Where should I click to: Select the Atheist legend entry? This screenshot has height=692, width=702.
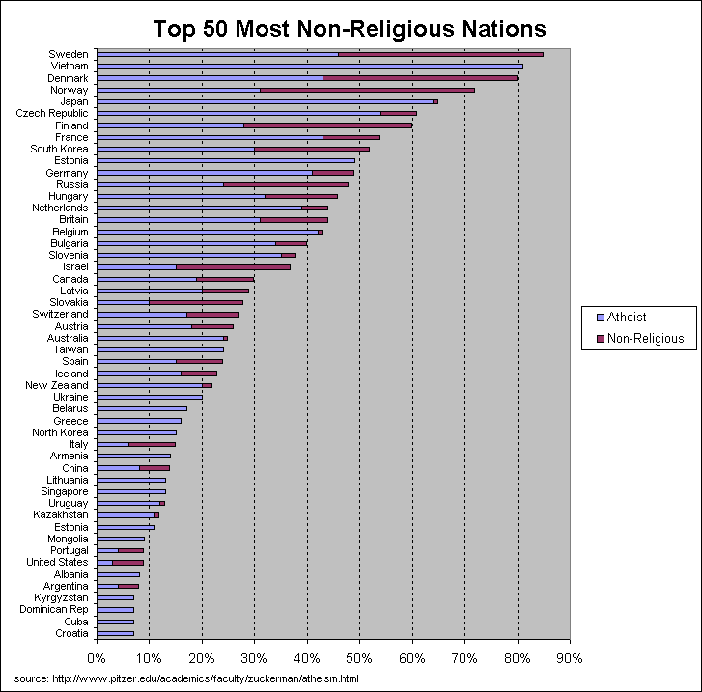(627, 317)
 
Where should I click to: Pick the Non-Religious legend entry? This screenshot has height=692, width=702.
(638, 338)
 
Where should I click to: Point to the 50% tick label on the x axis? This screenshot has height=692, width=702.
(359, 658)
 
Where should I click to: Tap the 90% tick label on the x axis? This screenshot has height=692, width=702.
(570, 658)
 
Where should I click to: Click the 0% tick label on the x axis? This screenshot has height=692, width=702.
(97, 658)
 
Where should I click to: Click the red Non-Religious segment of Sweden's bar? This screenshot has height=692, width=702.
(440, 54)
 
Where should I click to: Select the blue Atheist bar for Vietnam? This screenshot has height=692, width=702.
(309, 66)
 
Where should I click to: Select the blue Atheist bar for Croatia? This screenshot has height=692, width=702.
(115, 634)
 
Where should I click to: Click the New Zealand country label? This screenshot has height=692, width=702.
(57, 385)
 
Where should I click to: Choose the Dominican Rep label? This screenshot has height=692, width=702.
(54, 610)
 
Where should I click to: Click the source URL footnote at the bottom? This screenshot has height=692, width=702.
(186, 679)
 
